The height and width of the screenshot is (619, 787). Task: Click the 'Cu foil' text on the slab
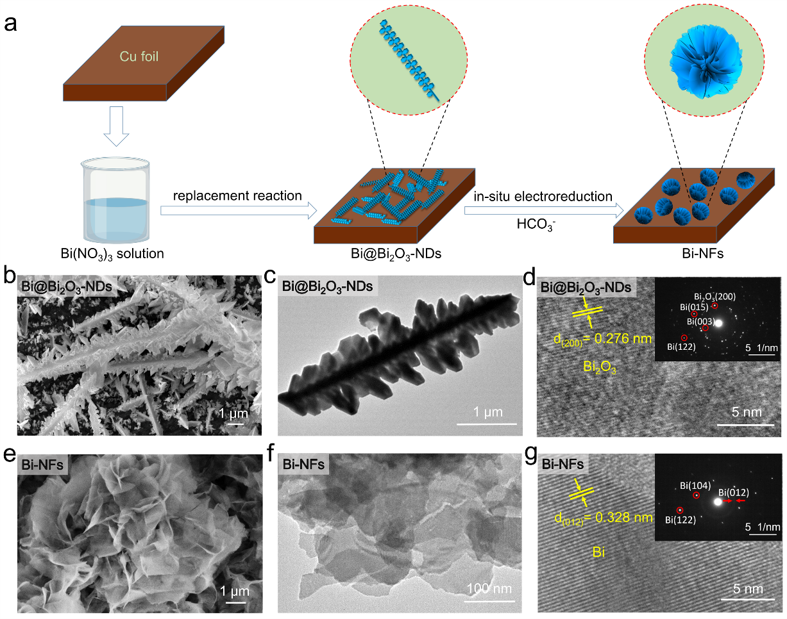point(139,57)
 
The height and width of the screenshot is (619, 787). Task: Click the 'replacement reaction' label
point(237,195)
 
